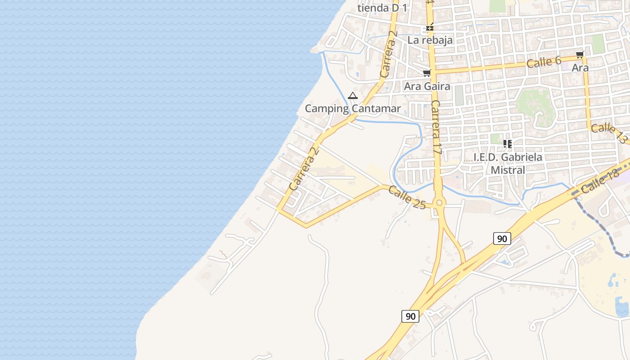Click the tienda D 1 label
(x=382, y=8)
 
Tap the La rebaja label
(x=430, y=40)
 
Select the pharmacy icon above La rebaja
(x=430, y=27)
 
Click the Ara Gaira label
(x=427, y=86)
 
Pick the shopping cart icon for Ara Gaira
(x=427, y=73)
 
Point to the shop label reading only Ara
(x=580, y=68)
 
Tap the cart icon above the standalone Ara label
(x=580, y=55)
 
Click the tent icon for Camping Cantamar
(x=353, y=95)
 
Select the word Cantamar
(x=376, y=108)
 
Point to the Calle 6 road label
(x=544, y=62)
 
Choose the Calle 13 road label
(x=608, y=133)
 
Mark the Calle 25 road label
(x=406, y=198)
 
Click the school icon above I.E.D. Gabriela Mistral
(x=508, y=144)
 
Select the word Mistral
(x=508, y=170)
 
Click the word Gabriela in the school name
(x=522, y=157)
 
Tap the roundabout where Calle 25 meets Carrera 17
(x=440, y=203)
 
